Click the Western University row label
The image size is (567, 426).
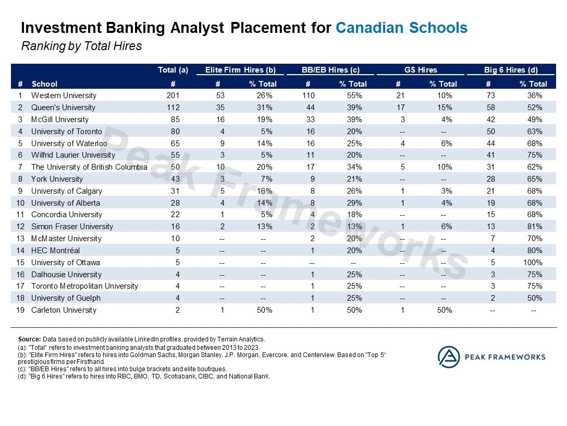pyautogui.click(x=64, y=96)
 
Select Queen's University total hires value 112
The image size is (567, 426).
pyautogui.click(x=173, y=108)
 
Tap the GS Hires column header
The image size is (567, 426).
pyautogui.click(x=420, y=70)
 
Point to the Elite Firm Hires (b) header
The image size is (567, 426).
pyautogui.click(x=240, y=70)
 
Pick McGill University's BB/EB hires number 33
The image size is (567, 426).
pyautogui.click(x=308, y=120)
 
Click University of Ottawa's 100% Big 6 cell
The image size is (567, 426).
pyautogui.click(x=533, y=263)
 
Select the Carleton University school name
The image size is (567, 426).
pyautogui.click(x=64, y=310)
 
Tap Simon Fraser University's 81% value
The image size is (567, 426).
pyautogui.click(x=535, y=227)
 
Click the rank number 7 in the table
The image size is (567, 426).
pyautogui.click(x=20, y=167)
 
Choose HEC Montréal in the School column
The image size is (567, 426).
pyautogui.click(x=54, y=251)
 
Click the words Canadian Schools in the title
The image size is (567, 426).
pyautogui.click(x=401, y=28)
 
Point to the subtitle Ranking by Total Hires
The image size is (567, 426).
pyautogui.click(x=81, y=46)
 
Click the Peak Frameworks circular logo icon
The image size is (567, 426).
pyautogui.click(x=448, y=357)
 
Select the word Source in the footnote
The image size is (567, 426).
pyautogui.click(x=29, y=339)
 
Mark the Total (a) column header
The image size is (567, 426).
pyautogui.click(x=173, y=70)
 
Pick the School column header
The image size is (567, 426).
pyautogui.click(x=44, y=84)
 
